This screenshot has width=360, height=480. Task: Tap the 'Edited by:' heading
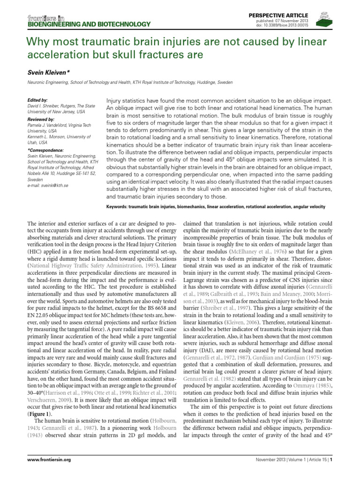pyautogui.click(x=38, y=100)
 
